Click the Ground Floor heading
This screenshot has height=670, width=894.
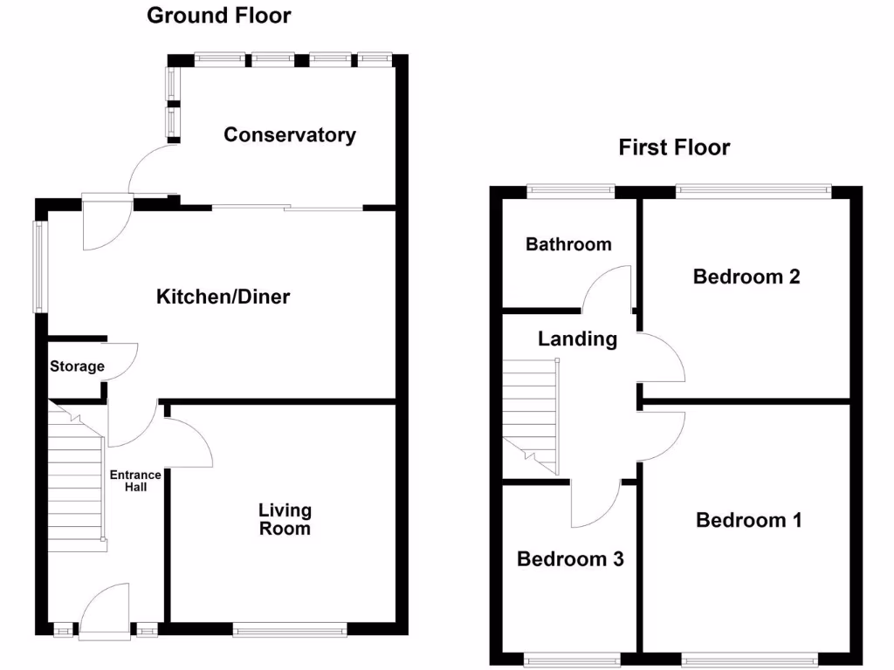pyautogui.click(x=218, y=15)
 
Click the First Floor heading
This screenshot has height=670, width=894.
pyautogui.click(x=674, y=147)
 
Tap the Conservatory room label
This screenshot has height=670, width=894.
pyautogui.click(x=290, y=134)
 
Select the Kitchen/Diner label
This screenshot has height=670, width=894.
pyautogui.click(x=223, y=297)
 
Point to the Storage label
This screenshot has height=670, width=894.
pyautogui.click(x=77, y=366)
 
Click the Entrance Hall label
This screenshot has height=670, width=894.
pyautogui.click(x=134, y=481)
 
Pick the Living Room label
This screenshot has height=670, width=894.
pyautogui.click(x=285, y=519)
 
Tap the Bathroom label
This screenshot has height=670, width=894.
pyautogui.click(x=568, y=244)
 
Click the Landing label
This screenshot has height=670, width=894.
pyautogui.click(x=577, y=338)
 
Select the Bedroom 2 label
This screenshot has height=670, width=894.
pyautogui.click(x=746, y=277)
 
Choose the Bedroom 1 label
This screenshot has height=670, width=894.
pyautogui.click(x=748, y=520)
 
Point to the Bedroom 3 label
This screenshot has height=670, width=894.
pyautogui.click(x=570, y=559)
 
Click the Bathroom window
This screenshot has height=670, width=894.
pyautogui.click(x=570, y=188)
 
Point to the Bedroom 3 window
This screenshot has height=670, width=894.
pyautogui.click(x=572, y=660)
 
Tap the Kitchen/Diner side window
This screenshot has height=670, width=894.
pyautogui.click(x=38, y=267)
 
